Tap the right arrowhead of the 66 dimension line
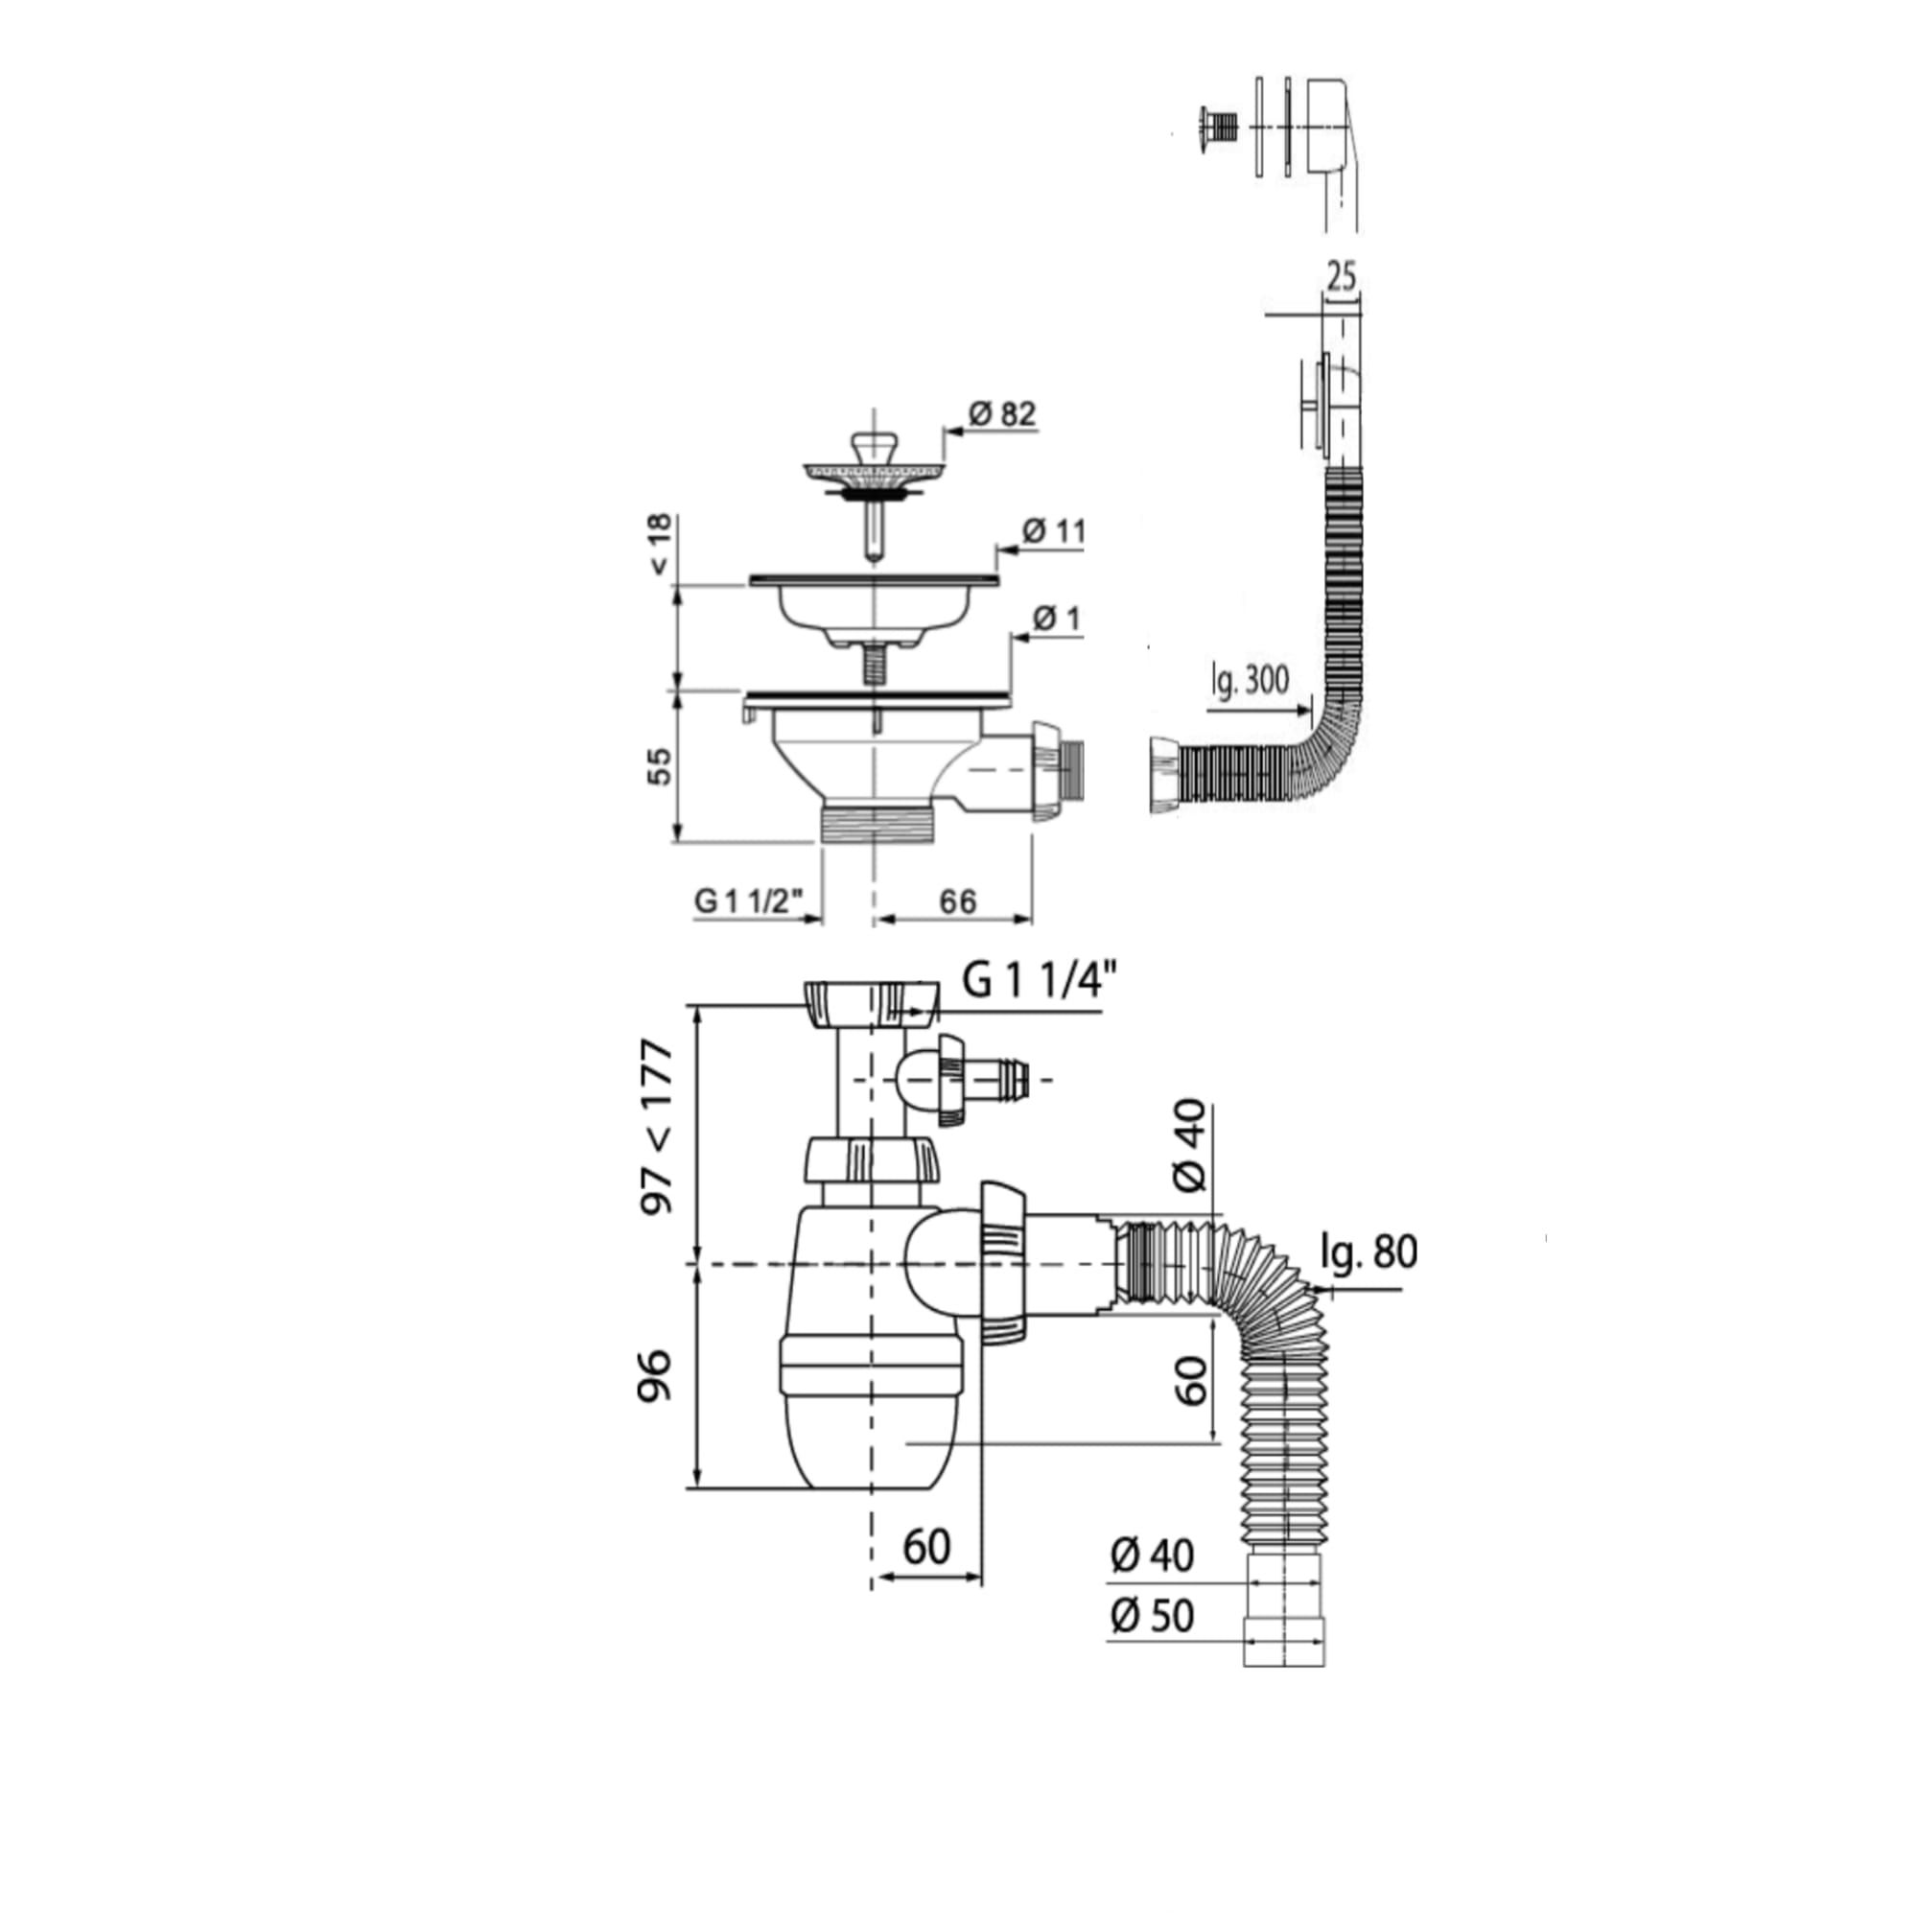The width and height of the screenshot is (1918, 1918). click(x=1031, y=920)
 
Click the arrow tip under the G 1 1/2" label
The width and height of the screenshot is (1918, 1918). click(x=824, y=920)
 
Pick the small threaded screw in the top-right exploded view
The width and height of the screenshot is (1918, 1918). click(x=1217, y=129)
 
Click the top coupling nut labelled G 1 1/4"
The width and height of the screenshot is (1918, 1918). click(x=871, y=1005)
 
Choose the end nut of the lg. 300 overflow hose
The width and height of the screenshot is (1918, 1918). click(x=1163, y=777)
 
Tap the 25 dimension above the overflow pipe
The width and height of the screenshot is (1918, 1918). click(x=1342, y=278)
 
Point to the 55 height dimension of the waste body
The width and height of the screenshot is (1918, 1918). click(x=659, y=766)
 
